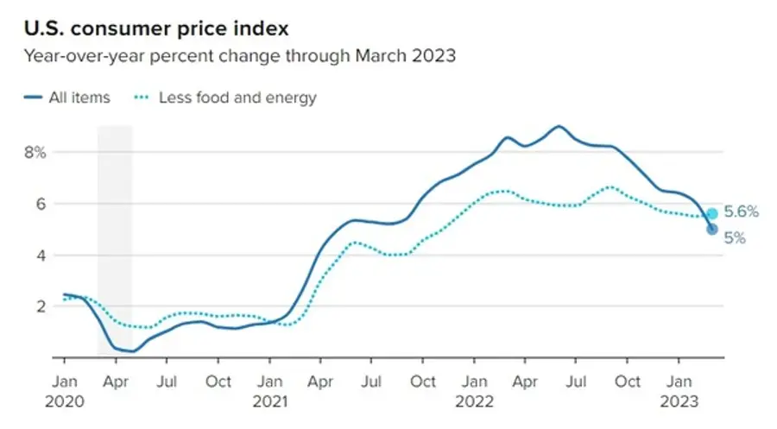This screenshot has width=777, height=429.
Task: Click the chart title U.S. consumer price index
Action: (155, 28)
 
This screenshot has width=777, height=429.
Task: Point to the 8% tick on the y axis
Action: (35, 153)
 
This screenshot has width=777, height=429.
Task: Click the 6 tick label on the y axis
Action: (39, 204)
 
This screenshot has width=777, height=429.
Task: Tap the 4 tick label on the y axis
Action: (39, 255)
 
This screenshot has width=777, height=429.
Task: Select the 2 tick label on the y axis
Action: (39, 306)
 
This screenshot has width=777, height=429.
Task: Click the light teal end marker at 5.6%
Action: (712, 214)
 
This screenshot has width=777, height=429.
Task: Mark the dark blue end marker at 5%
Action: (712, 229)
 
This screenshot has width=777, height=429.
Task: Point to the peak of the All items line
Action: (559, 126)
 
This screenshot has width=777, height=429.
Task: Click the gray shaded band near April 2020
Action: (114, 216)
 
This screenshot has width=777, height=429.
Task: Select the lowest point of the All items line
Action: (131, 351)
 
